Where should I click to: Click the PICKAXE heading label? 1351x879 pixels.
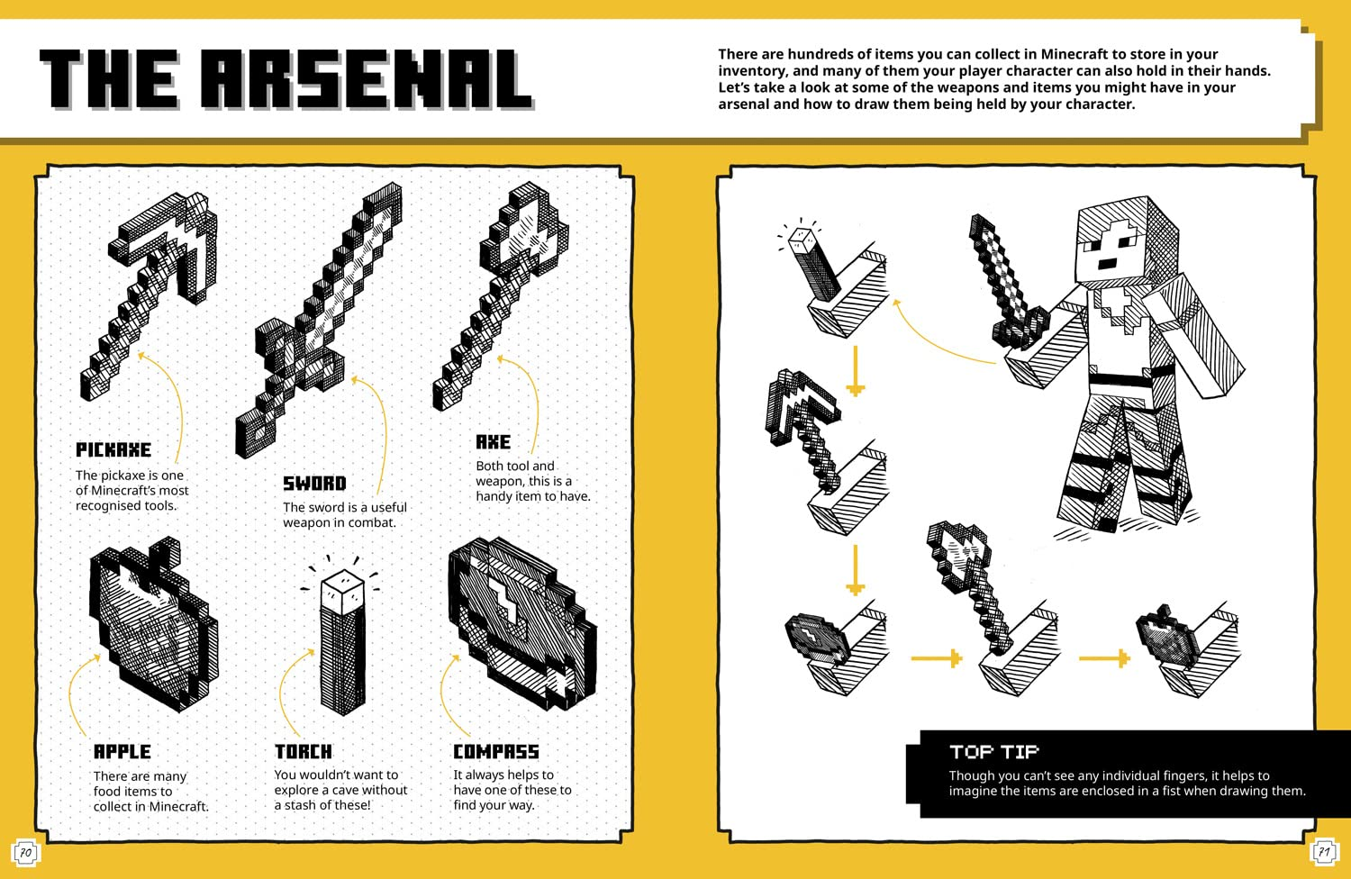tap(113, 449)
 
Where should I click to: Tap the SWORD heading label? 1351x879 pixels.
tap(314, 484)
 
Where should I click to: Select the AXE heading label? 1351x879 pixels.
tap(494, 442)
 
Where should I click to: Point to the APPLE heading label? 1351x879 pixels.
tap(122, 752)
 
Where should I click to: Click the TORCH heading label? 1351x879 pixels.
tap(304, 752)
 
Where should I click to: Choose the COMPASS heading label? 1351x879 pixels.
tap(496, 752)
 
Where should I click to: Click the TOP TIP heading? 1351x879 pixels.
tap(993, 752)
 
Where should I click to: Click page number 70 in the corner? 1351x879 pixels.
tap(25, 852)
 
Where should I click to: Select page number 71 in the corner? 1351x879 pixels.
tap(1324, 852)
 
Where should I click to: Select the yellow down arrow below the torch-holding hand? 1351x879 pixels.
tap(855, 370)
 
